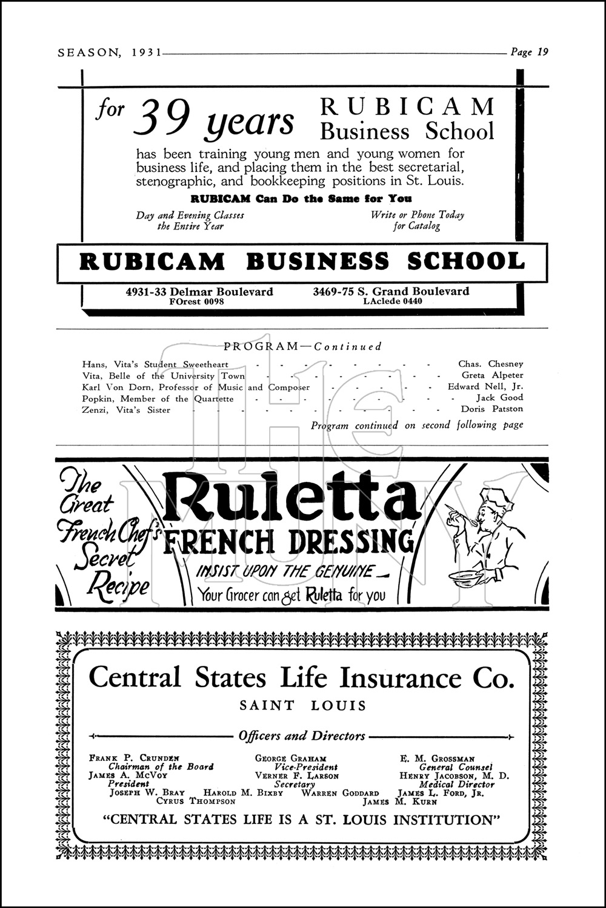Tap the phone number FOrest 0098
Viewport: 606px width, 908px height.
tap(197, 301)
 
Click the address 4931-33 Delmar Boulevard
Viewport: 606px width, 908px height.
tap(199, 291)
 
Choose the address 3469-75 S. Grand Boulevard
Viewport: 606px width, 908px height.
tap(391, 291)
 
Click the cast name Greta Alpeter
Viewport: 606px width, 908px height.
tap(492, 375)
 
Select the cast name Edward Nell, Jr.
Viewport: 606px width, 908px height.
tap(485, 387)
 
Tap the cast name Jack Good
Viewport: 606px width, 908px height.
tap(499, 398)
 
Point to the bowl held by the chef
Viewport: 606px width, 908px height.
tap(466, 579)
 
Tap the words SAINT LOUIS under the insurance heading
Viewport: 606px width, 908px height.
tap(303, 705)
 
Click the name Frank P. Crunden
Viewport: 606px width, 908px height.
tap(134, 758)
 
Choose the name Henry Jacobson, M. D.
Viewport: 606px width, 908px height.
tap(454, 775)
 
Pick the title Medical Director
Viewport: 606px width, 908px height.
tap(456, 784)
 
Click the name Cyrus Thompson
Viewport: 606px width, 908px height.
tap(196, 801)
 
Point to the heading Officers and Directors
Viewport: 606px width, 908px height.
tap(302, 737)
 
